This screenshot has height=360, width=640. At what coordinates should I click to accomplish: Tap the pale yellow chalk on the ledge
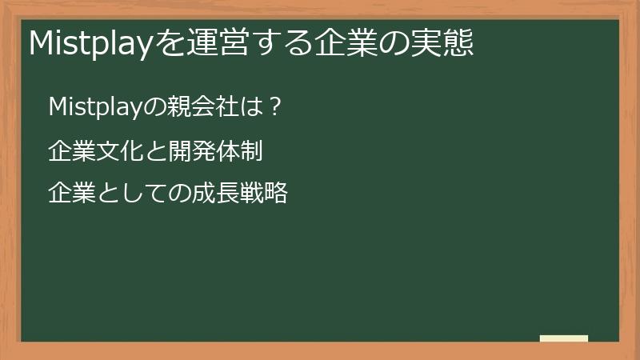click(x=564, y=338)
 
